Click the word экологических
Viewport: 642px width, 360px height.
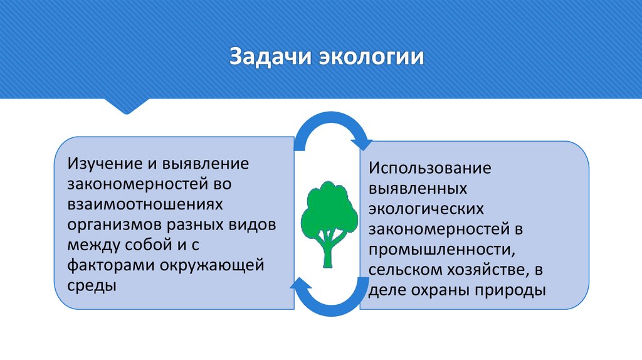tap(426, 209)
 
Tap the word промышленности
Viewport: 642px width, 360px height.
tap(441, 250)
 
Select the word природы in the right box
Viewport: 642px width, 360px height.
tap(514, 290)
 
